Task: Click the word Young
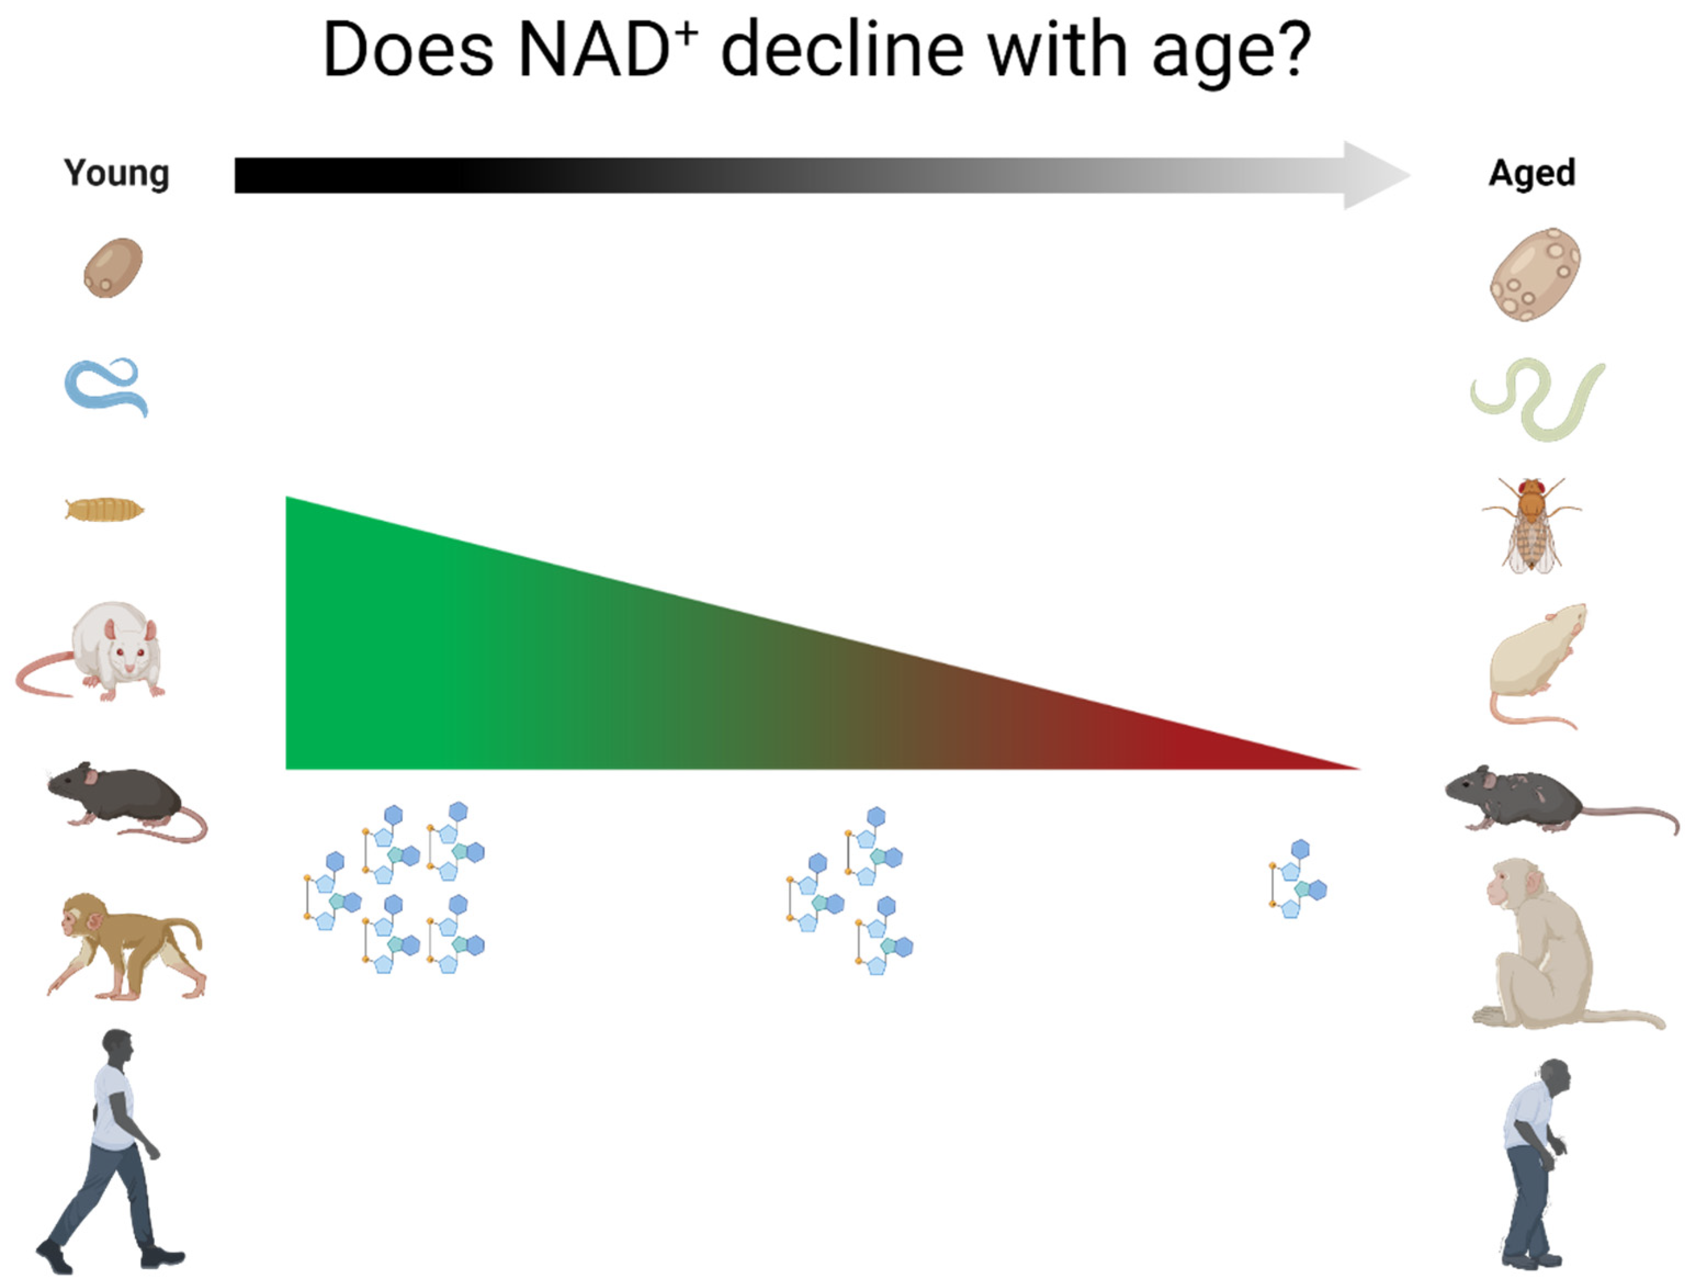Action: click(x=116, y=173)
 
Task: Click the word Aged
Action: click(x=1532, y=173)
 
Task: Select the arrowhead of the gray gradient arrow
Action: click(x=1375, y=175)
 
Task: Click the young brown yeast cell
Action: click(x=114, y=268)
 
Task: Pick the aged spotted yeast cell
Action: click(x=1535, y=274)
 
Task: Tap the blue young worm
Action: click(x=106, y=387)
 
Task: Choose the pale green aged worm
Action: click(x=1537, y=399)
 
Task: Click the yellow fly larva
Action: click(x=105, y=509)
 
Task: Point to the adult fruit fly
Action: click(x=1531, y=525)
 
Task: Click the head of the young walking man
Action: click(x=119, y=1047)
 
